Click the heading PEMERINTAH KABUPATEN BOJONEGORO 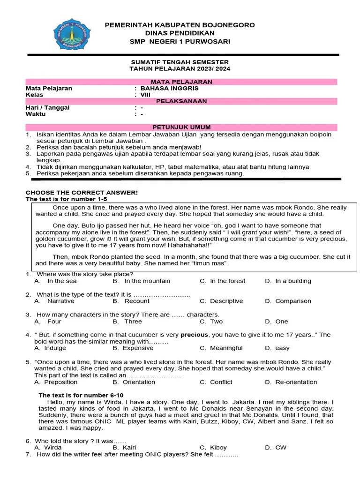coord(180,25)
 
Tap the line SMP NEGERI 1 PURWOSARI coord(180,42)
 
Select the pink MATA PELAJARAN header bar coord(181,82)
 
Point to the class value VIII coord(145,95)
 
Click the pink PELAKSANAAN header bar coord(181,101)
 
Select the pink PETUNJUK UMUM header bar coord(181,127)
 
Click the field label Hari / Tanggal coord(47,108)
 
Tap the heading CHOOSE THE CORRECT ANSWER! coord(82,193)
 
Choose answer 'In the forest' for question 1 coord(227,281)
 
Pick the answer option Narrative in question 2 coord(60,301)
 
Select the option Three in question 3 coord(133,322)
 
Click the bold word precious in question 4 coord(195,335)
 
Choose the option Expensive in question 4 coord(139,348)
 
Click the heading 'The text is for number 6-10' coord(81,395)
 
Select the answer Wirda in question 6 coord(52,448)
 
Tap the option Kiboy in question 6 coord(218,448)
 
